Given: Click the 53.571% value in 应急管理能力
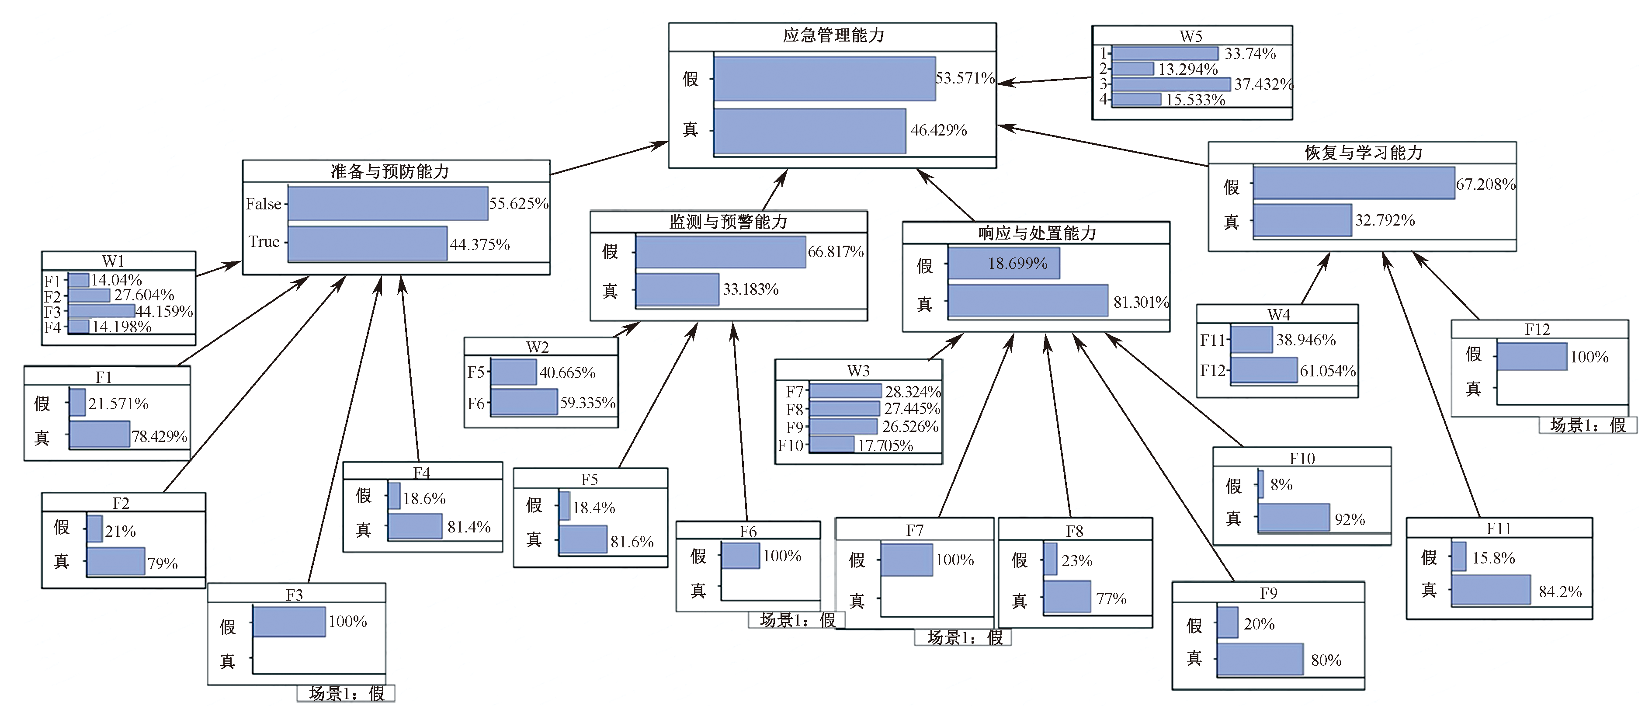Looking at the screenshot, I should tap(965, 78).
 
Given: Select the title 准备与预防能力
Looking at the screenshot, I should tap(389, 171).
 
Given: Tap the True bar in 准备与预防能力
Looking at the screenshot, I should tap(368, 243).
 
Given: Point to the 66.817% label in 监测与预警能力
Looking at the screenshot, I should tap(835, 252).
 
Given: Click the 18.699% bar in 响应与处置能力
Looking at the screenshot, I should tap(1003, 263).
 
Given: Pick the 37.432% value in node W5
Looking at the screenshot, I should tap(1263, 84).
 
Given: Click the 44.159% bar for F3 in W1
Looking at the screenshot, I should tap(101, 311).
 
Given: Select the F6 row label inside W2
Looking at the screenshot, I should tap(475, 403).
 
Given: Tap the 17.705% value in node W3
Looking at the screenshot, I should tap(885, 445).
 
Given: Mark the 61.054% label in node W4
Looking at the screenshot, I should tap(1327, 371).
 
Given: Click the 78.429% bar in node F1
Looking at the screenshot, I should tap(99, 435).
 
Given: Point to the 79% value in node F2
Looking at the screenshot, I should tap(162, 563).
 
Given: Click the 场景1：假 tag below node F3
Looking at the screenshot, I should tap(346, 693).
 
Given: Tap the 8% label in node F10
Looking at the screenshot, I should tap(1281, 485).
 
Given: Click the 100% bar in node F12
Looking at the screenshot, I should tap(1531, 357).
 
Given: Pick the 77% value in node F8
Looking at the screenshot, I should tap(1111, 599).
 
